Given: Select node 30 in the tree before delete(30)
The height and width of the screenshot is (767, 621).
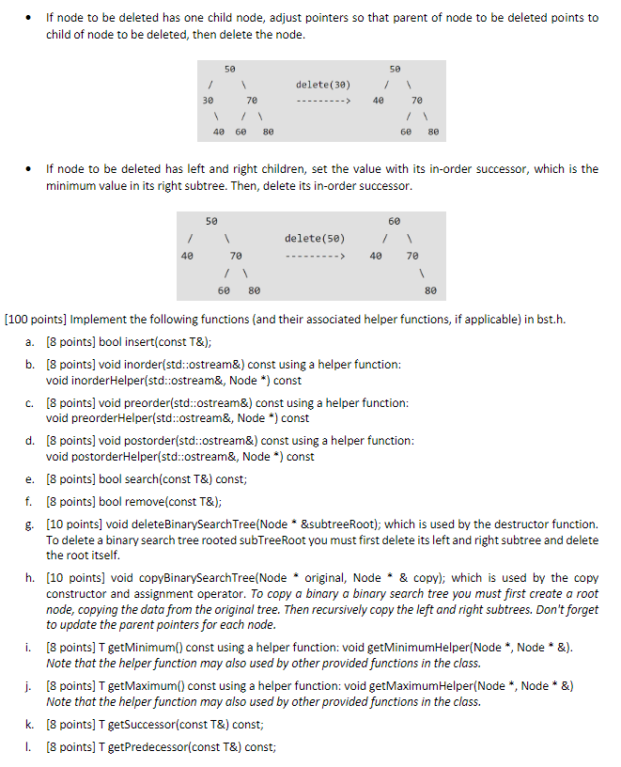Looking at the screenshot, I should pos(209,99).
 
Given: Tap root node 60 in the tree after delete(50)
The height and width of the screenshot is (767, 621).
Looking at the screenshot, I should pos(394,221).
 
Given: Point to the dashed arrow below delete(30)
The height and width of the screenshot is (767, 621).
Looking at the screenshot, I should pos(322,100).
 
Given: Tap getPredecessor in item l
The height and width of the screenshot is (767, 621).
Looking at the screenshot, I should pos(136,747).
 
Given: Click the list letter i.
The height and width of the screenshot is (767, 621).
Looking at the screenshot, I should pos(31,648).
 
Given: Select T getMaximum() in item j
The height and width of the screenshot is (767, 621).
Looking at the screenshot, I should pos(132,685).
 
